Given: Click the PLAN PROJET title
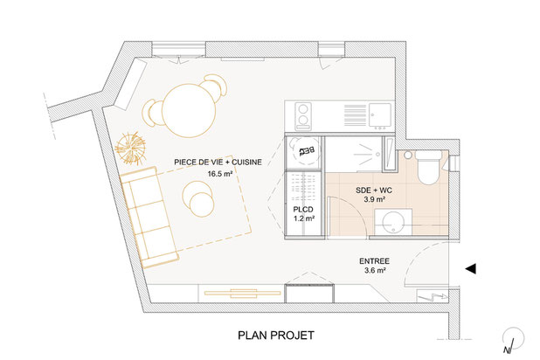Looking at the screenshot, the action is pyautogui.click(x=276, y=336).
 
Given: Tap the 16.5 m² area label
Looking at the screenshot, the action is pyautogui.click(x=219, y=174).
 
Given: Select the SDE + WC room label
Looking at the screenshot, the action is pyautogui.click(x=374, y=190).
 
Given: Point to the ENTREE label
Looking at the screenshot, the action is pyautogui.click(x=374, y=261).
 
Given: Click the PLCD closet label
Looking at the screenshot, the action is pyautogui.click(x=303, y=210).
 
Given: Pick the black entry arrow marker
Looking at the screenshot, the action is pyautogui.click(x=471, y=268).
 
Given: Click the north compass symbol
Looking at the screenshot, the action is pyautogui.click(x=513, y=340).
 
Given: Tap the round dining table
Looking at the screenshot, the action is pyautogui.click(x=189, y=111).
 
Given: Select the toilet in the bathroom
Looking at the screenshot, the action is pyautogui.click(x=428, y=168).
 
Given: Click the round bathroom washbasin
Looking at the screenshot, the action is pyautogui.click(x=393, y=222).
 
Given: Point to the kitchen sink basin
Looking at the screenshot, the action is pyautogui.click(x=380, y=114).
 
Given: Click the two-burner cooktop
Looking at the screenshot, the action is pyautogui.click(x=303, y=115).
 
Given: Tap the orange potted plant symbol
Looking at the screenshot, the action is pyautogui.click(x=130, y=148).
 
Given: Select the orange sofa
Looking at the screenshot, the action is pyautogui.click(x=149, y=218).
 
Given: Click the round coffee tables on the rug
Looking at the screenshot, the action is pyautogui.click(x=198, y=198).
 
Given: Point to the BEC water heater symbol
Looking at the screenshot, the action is pyautogui.click(x=306, y=150).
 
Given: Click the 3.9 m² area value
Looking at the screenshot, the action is pyautogui.click(x=374, y=199).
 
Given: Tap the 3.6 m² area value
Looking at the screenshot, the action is pyautogui.click(x=375, y=270).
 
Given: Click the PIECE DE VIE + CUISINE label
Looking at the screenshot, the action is pyautogui.click(x=218, y=163).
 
